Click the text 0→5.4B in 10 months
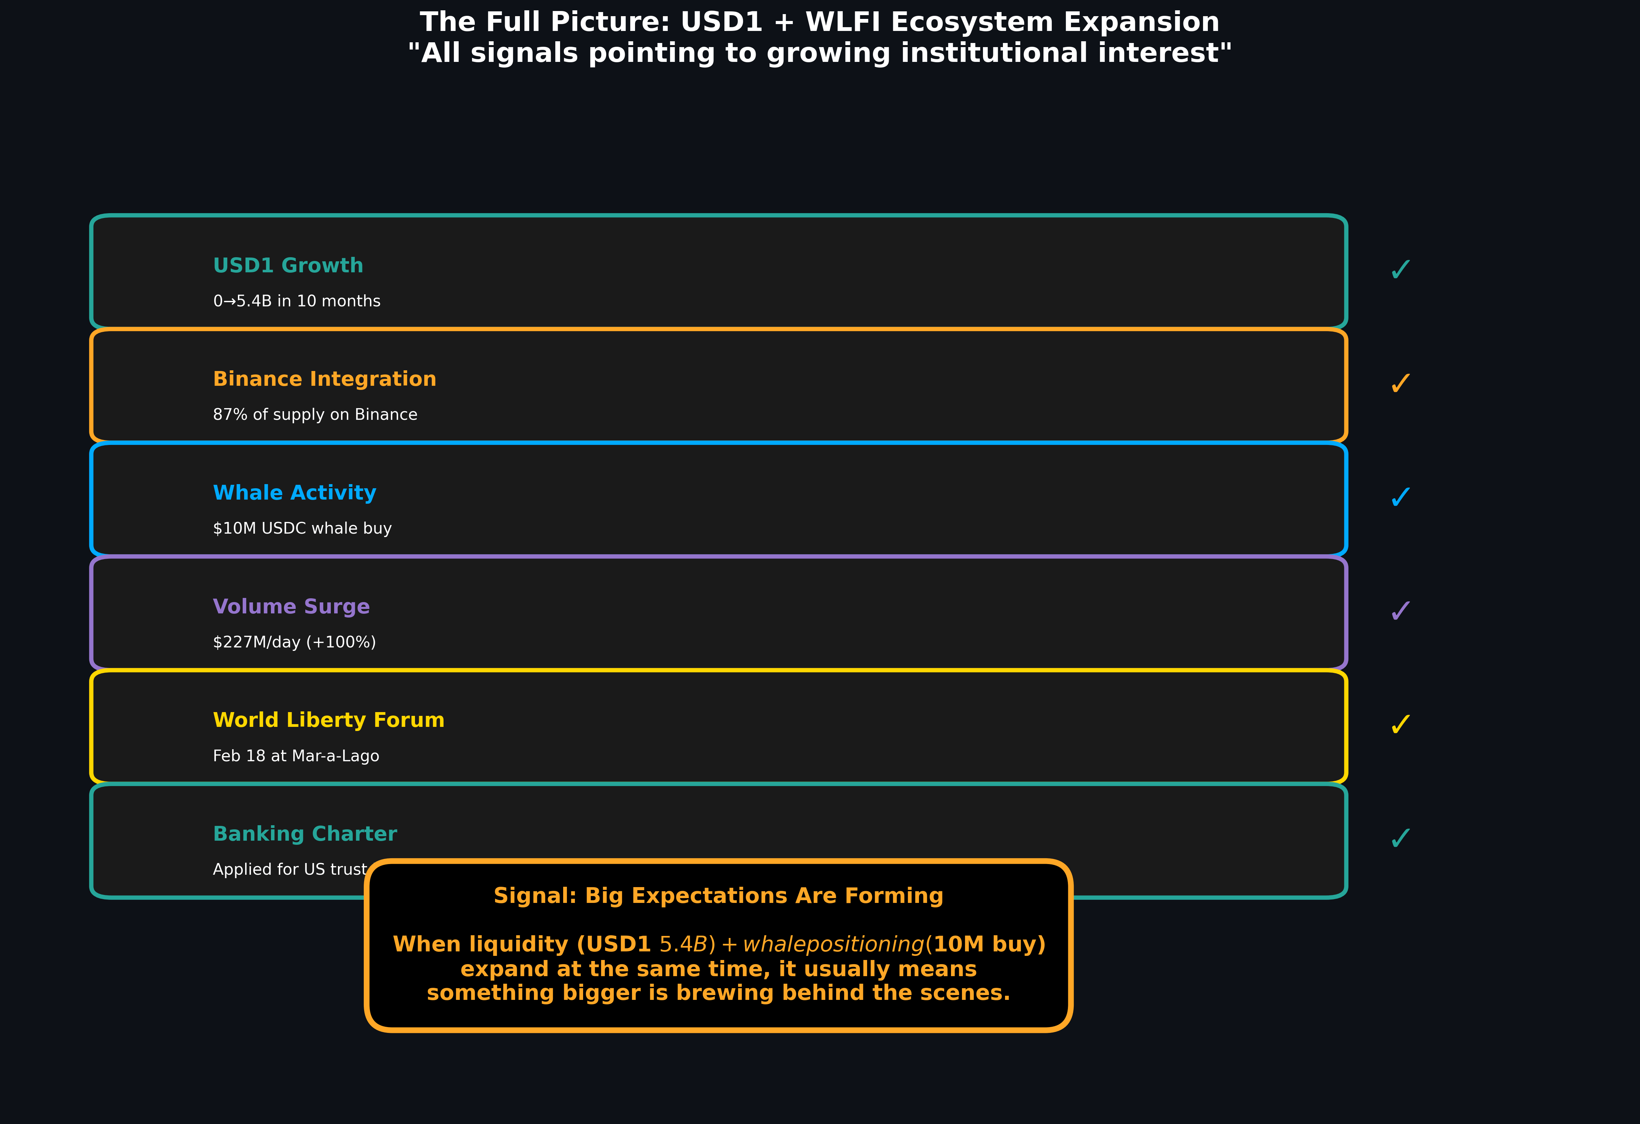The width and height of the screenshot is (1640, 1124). click(x=296, y=301)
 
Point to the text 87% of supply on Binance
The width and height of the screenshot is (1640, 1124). click(x=315, y=415)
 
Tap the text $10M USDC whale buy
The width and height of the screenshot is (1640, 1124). click(x=302, y=528)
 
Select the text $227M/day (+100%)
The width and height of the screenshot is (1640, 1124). click(x=294, y=642)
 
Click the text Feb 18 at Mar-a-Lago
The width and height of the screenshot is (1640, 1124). click(x=296, y=756)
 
